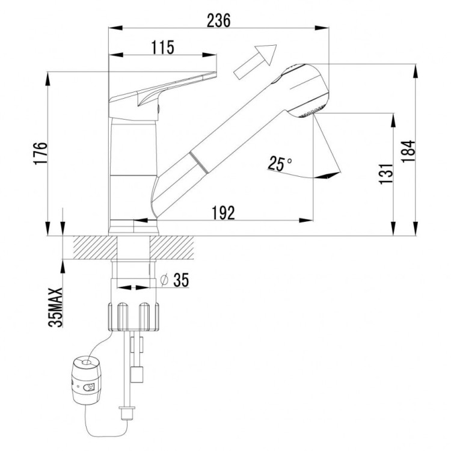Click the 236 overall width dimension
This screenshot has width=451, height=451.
click(x=218, y=20)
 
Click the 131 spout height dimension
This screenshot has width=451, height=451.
click(x=386, y=173)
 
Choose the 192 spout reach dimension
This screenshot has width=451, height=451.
click(x=222, y=212)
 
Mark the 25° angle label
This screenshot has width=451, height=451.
click(x=280, y=163)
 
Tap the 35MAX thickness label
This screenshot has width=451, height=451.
click(x=55, y=307)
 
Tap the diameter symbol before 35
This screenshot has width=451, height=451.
click(x=164, y=280)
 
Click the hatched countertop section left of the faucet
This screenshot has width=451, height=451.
click(x=90, y=247)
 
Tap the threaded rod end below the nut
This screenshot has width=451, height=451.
click(x=126, y=413)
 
